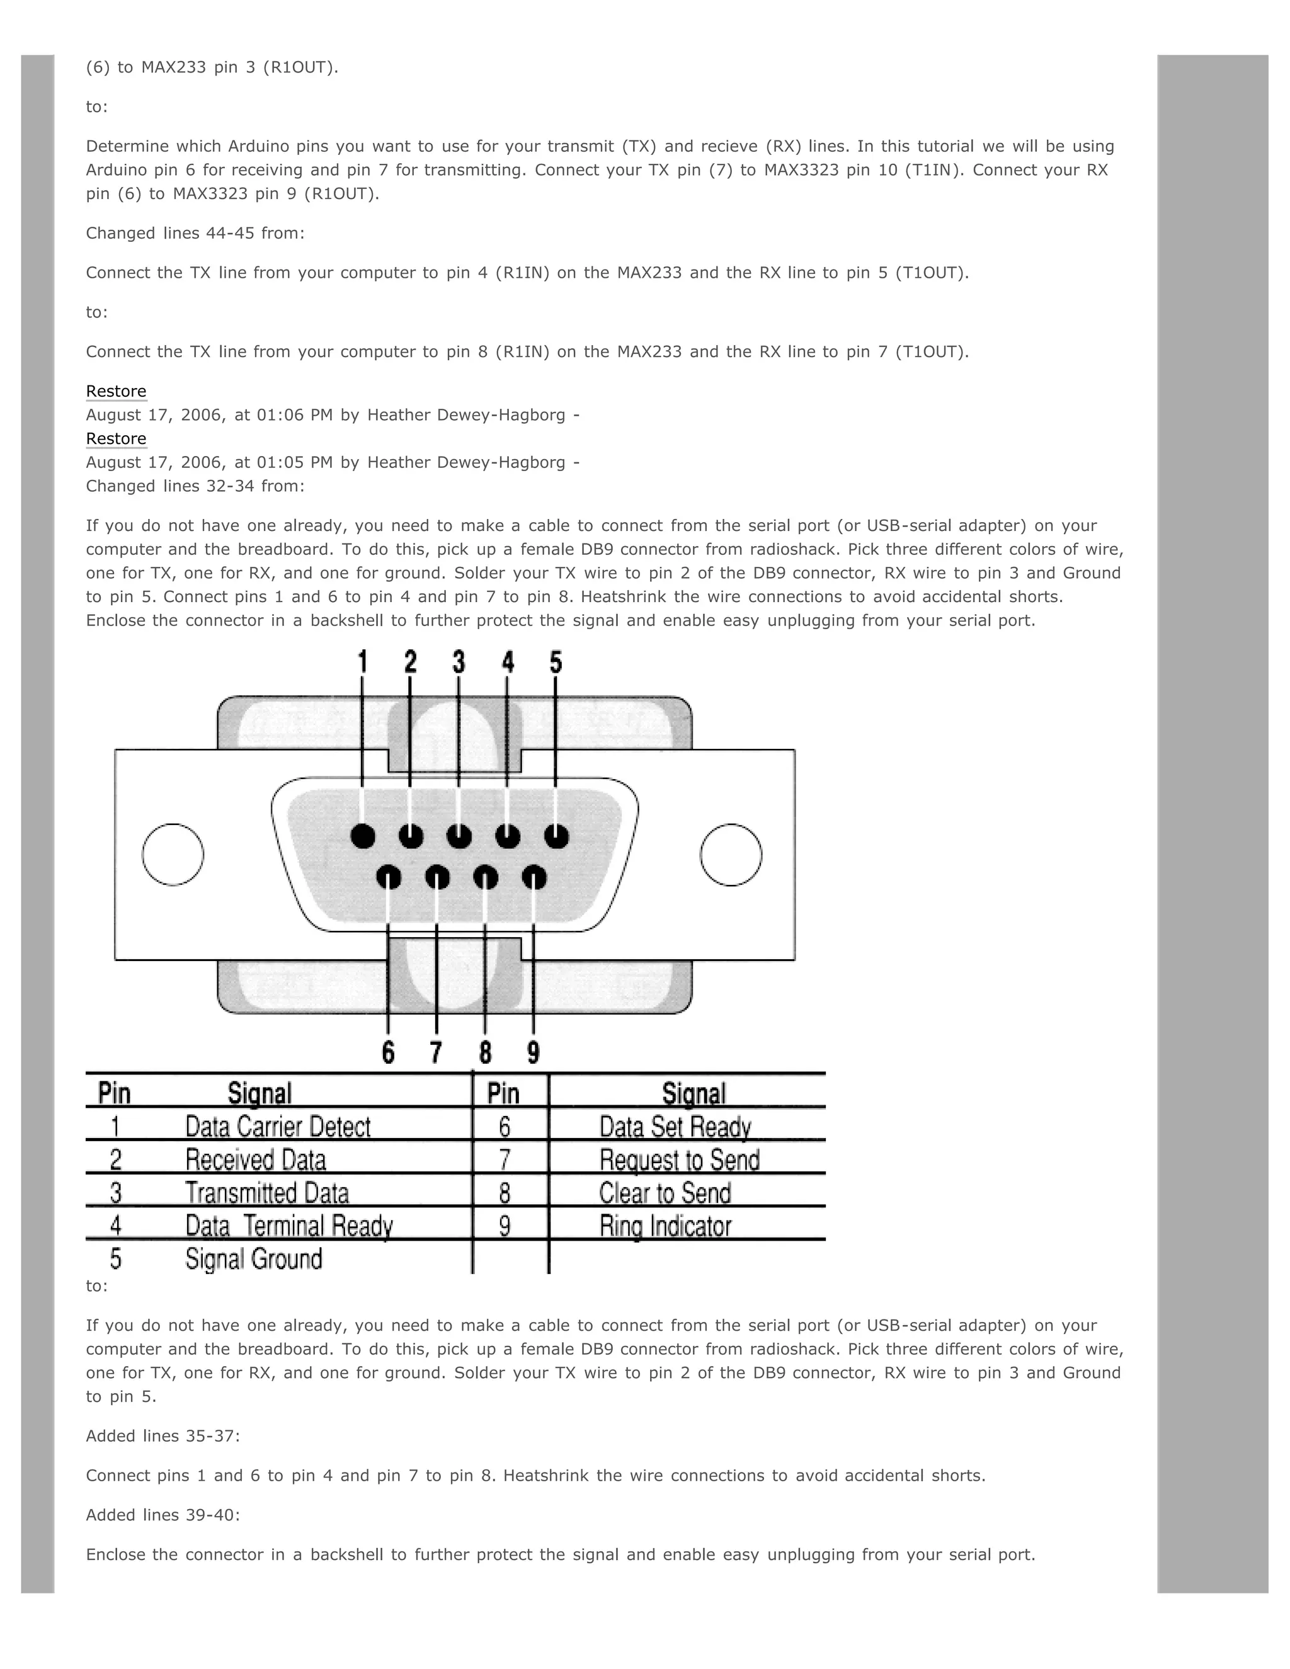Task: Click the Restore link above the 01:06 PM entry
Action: click(x=116, y=391)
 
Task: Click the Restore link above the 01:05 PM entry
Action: click(x=116, y=438)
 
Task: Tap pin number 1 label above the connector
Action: click(x=362, y=662)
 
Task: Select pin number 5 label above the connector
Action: click(x=556, y=662)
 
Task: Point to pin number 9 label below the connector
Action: click(x=534, y=1052)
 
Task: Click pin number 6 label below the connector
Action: click(x=388, y=1052)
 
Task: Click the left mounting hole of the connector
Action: click(x=173, y=855)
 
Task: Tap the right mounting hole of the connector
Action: click(x=731, y=855)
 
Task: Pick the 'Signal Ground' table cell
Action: click(x=254, y=1258)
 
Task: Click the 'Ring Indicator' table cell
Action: click(x=665, y=1226)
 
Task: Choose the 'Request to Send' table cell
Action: click(x=680, y=1160)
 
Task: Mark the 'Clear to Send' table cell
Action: click(x=665, y=1193)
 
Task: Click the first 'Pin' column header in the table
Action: click(x=115, y=1093)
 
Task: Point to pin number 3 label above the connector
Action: click(x=459, y=662)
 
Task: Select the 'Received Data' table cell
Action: click(x=255, y=1160)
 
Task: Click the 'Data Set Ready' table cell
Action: click(x=675, y=1127)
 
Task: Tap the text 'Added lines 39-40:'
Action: click(x=163, y=1515)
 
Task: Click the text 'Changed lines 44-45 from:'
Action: click(x=195, y=233)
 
